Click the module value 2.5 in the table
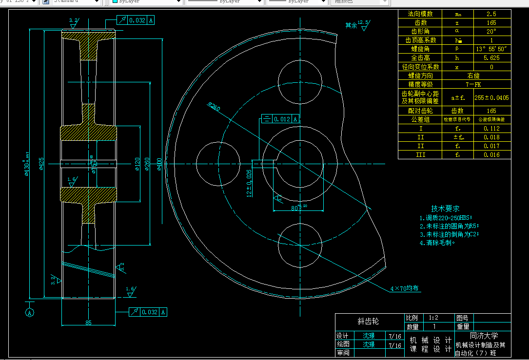tap(491, 14)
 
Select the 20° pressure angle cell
tap(491, 32)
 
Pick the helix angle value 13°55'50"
tap(491, 49)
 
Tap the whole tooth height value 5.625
tap(491, 58)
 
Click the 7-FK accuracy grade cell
tap(473, 84)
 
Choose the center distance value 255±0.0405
tap(491, 97)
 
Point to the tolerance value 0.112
tap(491, 129)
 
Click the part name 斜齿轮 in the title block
tap(368, 322)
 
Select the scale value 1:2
tap(433, 317)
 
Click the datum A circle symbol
tap(30, 313)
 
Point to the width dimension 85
tap(88, 322)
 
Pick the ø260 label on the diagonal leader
tap(214, 106)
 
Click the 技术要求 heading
tap(445, 208)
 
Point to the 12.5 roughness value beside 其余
tap(364, 22)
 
